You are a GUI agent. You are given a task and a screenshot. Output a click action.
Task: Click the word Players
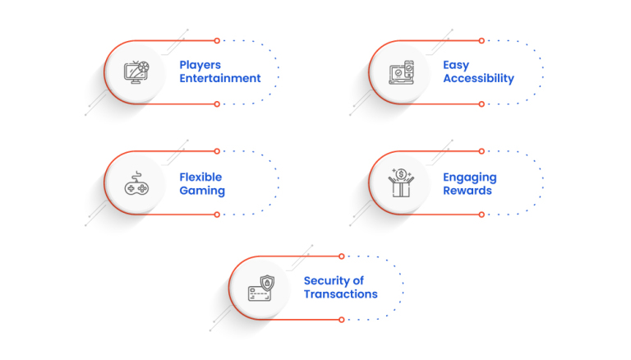click(x=200, y=65)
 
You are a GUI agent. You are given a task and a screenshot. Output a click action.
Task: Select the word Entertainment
click(x=220, y=79)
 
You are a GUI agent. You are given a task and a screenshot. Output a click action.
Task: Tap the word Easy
click(x=458, y=65)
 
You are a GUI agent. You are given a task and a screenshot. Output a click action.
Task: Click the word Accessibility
click(x=478, y=79)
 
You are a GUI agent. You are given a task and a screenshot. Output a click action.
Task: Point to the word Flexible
click(x=201, y=177)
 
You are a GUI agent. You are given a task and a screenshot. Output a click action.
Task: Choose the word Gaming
click(x=202, y=191)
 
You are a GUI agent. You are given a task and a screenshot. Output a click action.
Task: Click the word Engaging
click(x=470, y=177)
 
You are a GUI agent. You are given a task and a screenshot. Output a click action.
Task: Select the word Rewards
click(x=467, y=191)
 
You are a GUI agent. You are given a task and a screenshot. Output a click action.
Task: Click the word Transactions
click(x=340, y=294)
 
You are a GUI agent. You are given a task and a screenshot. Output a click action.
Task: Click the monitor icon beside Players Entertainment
click(x=136, y=72)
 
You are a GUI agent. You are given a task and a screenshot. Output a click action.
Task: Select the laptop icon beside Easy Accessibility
click(x=399, y=72)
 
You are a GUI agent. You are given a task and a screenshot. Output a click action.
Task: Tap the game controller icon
click(x=136, y=184)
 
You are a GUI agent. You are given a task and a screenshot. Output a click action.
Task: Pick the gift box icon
click(x=400, y=186)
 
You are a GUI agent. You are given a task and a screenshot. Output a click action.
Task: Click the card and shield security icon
click(x=260, y=288)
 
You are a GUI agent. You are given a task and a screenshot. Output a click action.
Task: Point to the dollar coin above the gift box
click(x=400, y=173)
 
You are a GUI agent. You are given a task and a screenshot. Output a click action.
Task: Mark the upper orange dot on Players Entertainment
click(x=217, y=40)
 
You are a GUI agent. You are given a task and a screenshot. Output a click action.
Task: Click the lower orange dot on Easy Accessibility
click(x=481, y=104)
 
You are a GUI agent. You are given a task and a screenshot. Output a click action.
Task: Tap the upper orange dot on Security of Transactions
click(x=341, y=256)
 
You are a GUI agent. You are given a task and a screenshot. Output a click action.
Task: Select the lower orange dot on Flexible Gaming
click(x=217, y=215)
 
